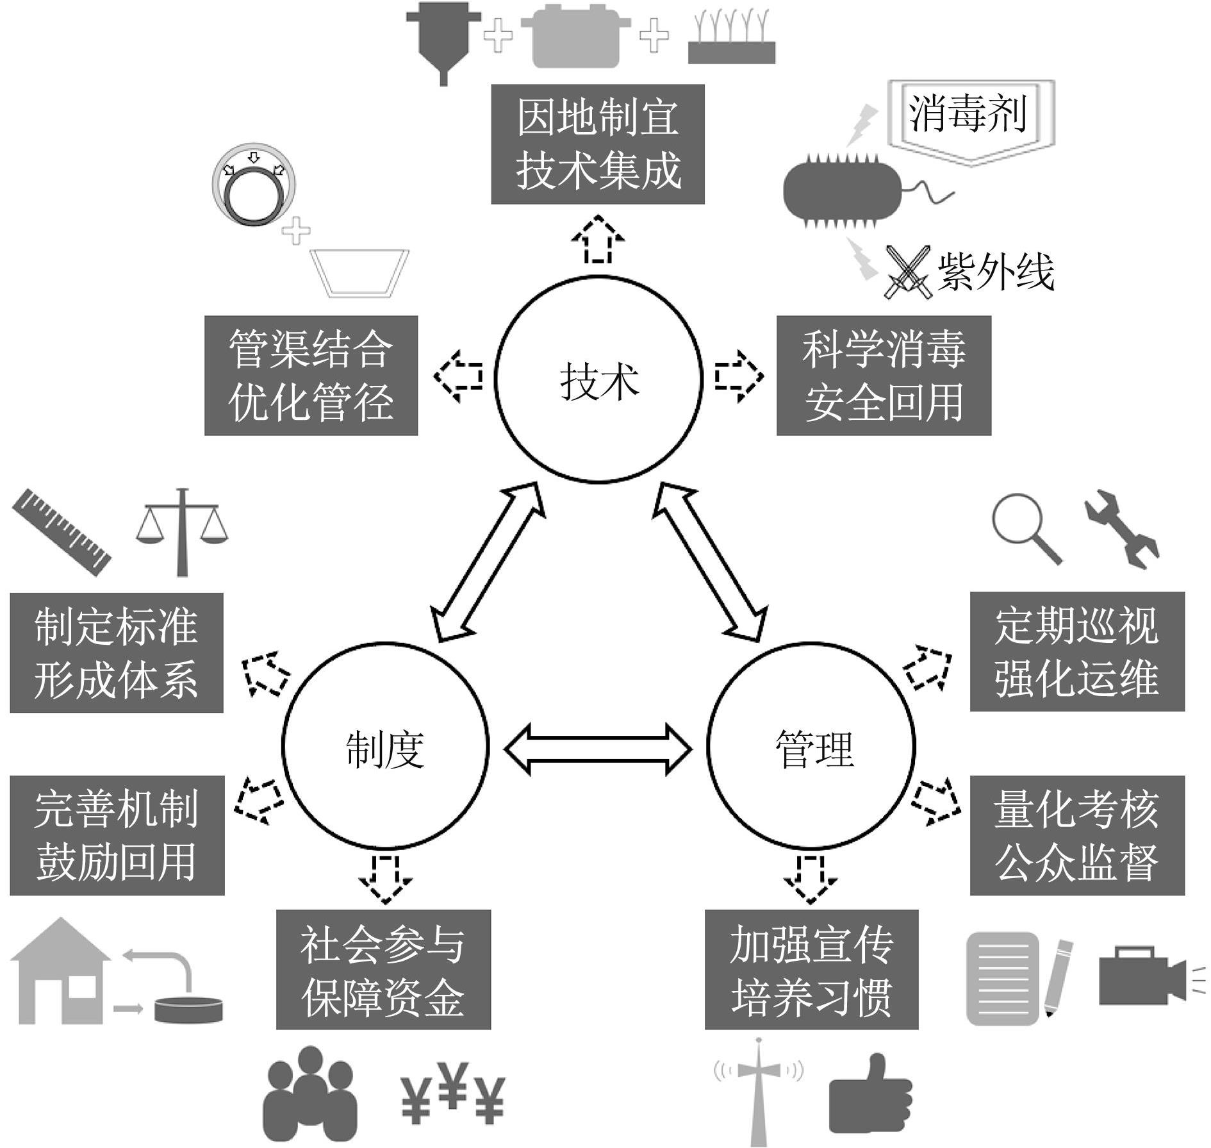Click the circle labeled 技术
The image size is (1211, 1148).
(x=598, y=379)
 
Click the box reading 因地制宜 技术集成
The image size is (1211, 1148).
(x=598, y=144)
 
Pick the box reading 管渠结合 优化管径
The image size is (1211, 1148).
(x=311, y=376)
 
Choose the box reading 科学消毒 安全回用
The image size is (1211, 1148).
(x=884, y=376)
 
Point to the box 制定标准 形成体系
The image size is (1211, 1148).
(x=117, y=653)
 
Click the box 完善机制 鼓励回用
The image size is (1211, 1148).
(x=117, y=835)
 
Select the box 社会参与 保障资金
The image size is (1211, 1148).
(x=383, y=969)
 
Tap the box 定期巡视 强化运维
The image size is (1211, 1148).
(x=1077, y=652)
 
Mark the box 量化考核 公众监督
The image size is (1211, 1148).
(x=1077, y=835)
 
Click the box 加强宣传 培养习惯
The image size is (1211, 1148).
(x=811, y=969)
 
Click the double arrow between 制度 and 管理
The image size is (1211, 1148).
(x=598, y=749)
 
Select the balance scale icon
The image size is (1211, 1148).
(x=182, y=532)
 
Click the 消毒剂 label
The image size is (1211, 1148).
(x=968, y=114)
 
